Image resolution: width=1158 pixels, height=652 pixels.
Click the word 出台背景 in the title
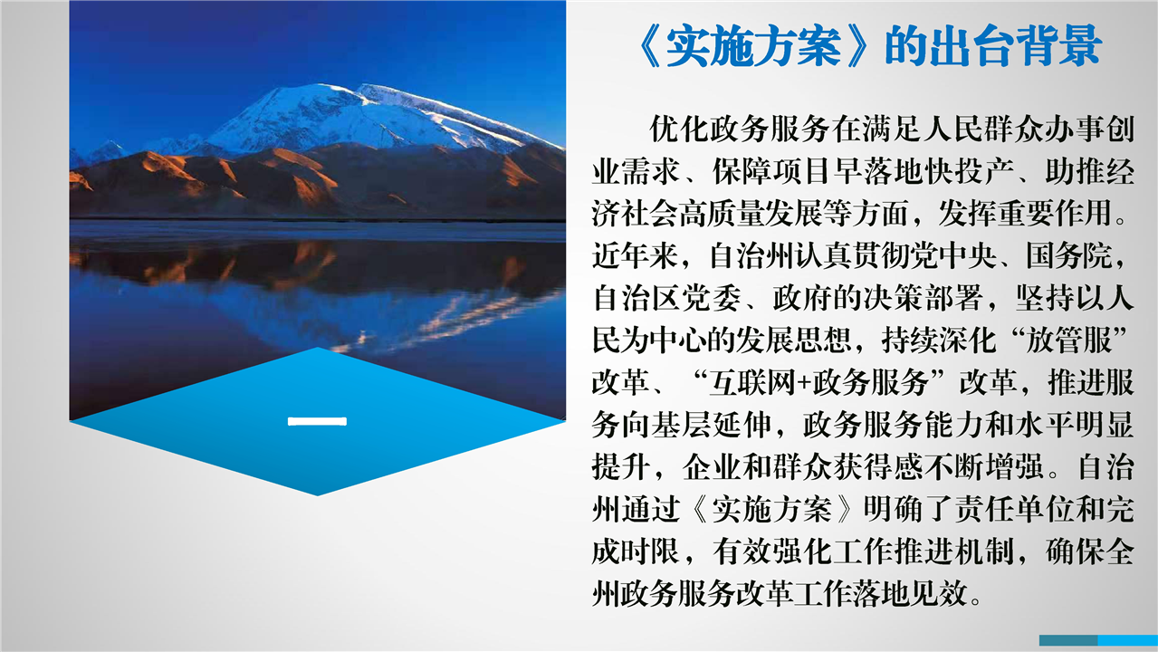point(1015,45)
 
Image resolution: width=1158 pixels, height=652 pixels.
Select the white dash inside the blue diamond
point(317,421)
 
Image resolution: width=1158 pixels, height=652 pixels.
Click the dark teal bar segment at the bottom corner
point(1068,640)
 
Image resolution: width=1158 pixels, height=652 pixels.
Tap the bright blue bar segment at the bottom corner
point(1128,640)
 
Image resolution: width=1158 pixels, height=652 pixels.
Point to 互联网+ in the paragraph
point(760,383)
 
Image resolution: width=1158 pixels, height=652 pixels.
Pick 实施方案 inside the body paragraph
point(771,511)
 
